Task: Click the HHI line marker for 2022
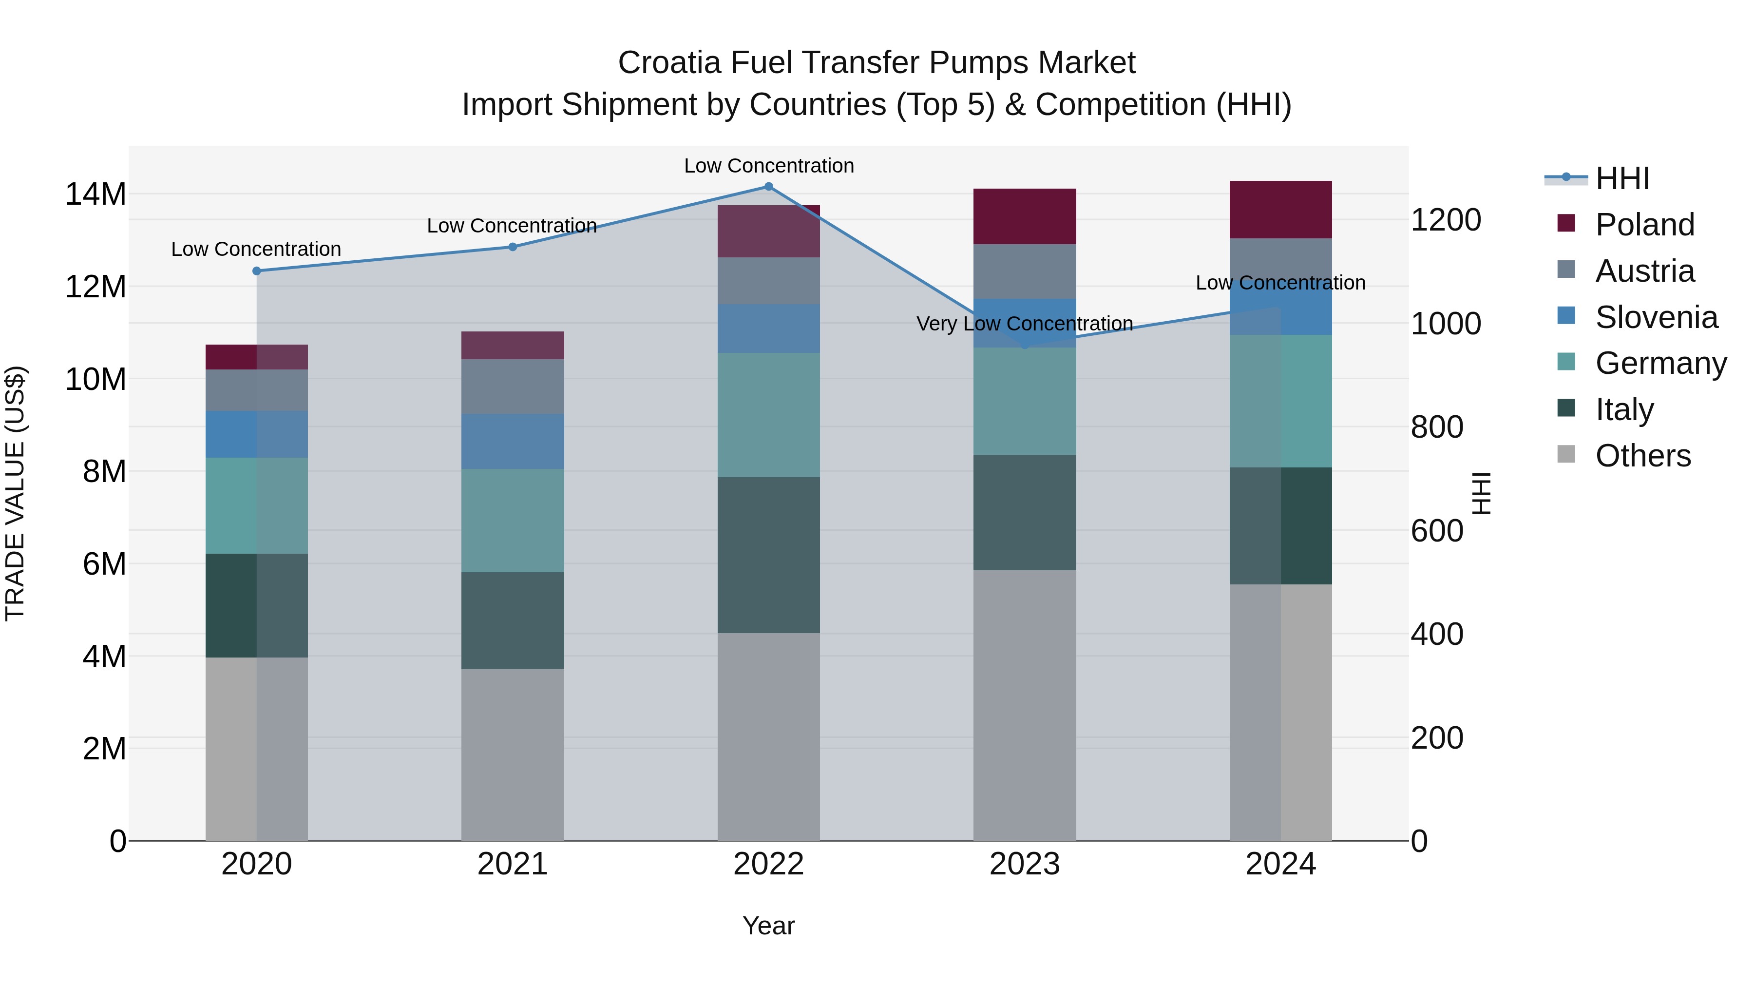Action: (769, 187)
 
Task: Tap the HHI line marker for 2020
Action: (257, 271)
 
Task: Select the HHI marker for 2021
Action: (513, 247)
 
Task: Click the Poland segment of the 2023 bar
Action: (1025, 216)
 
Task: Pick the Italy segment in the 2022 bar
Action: (769, 555)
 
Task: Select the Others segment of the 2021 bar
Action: (513, 755)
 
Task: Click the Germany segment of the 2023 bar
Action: (1025, 401)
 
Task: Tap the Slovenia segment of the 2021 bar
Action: (513, 442)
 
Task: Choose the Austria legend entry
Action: (1644, 271)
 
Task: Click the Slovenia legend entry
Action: (1656, 317)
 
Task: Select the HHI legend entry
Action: (1622, 178)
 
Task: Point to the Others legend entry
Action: (1642, 456)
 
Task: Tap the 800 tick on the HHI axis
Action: (1437, 427)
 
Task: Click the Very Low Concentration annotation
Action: (1025, 324)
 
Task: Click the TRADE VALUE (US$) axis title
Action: (15, 493)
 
